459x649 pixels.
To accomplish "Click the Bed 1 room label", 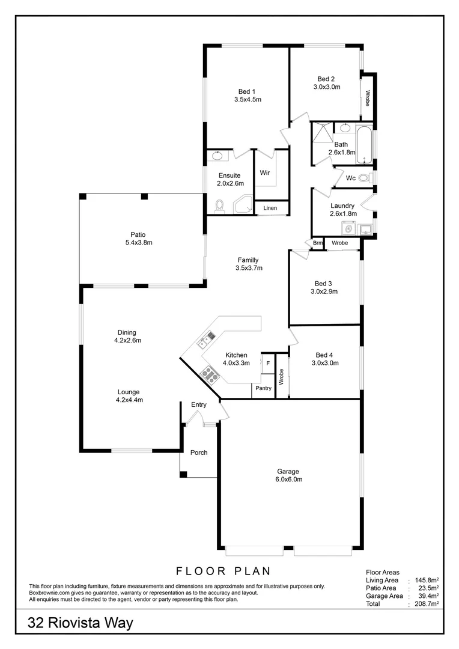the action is coord(247,91).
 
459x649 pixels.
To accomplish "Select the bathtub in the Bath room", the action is coord(365,144).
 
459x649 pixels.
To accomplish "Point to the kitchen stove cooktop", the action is coord(210,374).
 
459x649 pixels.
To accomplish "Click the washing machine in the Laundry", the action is coord(348,228).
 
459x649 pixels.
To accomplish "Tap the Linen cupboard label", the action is coord(270,208).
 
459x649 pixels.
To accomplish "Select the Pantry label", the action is coord(263,388).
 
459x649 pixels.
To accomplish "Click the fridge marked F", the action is coord(268,364).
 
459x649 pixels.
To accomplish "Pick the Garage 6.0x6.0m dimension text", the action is coord(289,480).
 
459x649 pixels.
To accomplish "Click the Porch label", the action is coord(199,452).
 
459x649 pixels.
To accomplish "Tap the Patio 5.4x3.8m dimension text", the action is coord(139,243).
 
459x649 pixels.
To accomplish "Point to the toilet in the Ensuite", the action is coord(219,206).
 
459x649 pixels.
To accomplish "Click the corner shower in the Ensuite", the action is coord(243,206).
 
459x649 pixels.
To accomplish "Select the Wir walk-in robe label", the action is coord(265,172).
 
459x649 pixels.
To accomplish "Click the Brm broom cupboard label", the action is coord(317,243).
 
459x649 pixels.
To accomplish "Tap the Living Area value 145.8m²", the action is coord(427,580).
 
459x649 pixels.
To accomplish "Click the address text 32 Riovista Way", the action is coord(81,623).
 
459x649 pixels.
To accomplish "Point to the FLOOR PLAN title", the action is coord(223,571).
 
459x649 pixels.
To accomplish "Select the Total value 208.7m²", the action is coord(427,604).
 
